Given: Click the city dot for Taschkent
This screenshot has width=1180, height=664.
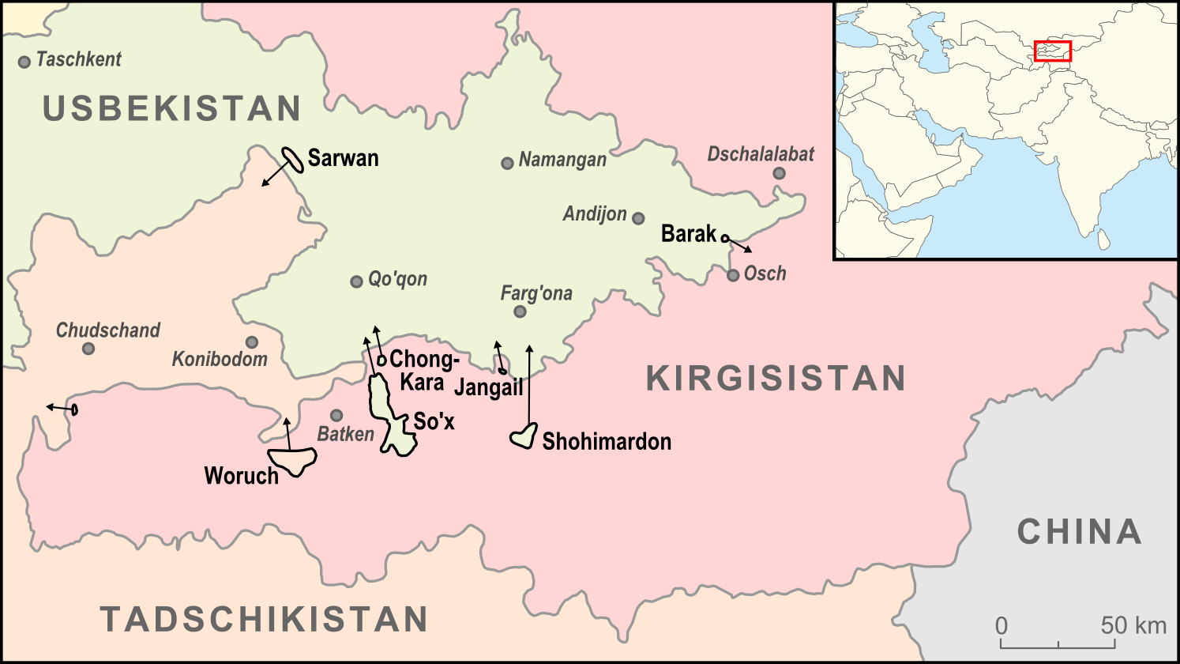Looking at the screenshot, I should (x=24, y=62).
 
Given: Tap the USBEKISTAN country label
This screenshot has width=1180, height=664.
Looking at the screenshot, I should (x=171, y=108).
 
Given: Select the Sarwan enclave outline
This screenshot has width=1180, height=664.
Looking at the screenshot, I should (x=293, y=159).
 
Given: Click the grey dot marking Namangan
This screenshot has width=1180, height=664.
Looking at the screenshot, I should (x=507, y=164).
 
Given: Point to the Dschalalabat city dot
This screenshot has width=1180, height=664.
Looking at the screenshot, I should (x=779, y=174).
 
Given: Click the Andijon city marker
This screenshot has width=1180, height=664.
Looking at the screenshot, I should (x=638, y=218).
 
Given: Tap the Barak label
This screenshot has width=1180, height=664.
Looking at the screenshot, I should (x=688, y=234).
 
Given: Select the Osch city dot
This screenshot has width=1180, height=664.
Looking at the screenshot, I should (x=733, y=275).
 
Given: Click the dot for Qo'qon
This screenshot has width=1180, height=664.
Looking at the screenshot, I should (x=356, y=281).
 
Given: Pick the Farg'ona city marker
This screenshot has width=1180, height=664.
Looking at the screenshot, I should (x=520, y=311).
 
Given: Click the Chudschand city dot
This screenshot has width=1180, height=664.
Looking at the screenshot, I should (x=88, y=349).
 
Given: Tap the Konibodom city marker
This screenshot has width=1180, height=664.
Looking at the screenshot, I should (x=251, y=342).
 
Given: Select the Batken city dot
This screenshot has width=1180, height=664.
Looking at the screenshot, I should (x=336, y=415).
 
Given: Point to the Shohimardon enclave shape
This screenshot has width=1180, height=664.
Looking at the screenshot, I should (x=524, y=437).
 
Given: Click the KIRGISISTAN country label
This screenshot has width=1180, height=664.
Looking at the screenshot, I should (x=776, y=379).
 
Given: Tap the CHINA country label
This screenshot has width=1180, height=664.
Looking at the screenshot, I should (x=1079, y=531).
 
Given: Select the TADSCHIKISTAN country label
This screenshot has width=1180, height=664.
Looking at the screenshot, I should (x=264, y=619).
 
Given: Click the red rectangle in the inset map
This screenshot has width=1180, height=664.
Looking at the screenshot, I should (x=1053, y=51).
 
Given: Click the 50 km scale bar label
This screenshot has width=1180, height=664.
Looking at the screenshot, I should (x=1133, y=625).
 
